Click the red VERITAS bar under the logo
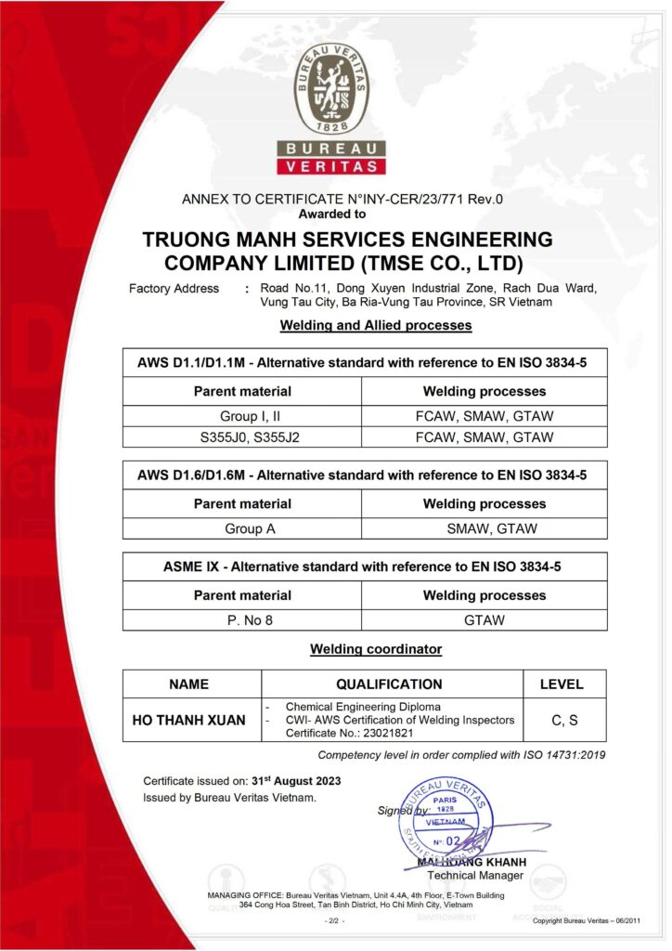coord(330,166)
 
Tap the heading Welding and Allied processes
coord(375,326)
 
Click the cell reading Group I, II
coord(243,415)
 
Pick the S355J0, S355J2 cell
coord(243,436)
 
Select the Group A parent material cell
coord(243,528)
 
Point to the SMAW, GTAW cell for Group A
coord(485,528)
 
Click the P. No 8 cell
coord(243,619)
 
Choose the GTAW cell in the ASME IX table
coord(485,619)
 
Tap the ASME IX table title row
coord(365,567)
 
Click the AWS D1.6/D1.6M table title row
coord(365,475)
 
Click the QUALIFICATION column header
coord(389,684)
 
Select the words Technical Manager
coord(476,875)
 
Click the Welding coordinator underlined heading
coord(375,649)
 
